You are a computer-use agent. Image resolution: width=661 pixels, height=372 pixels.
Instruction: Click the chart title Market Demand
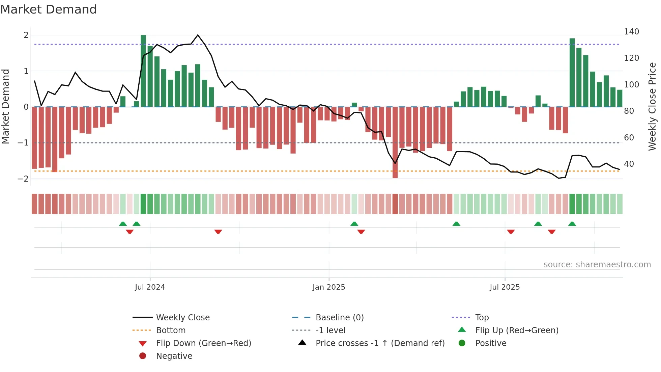tap(49, 9)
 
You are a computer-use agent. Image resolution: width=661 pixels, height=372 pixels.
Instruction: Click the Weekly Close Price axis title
tap(652, 106)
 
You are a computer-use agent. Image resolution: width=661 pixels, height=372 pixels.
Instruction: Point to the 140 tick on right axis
tap(631, 32)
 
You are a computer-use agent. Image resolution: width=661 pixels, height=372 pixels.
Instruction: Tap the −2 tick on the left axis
tap(23, 179)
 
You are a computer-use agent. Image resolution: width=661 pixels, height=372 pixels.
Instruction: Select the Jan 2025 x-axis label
tap(329, 287)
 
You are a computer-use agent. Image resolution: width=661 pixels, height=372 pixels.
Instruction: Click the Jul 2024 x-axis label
tap(150, 287)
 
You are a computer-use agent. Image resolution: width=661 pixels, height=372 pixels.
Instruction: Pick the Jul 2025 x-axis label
tap(505, 287)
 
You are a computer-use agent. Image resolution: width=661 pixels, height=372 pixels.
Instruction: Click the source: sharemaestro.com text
tap(597, 265)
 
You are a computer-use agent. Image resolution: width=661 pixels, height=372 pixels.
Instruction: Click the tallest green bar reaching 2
tap(143, 71)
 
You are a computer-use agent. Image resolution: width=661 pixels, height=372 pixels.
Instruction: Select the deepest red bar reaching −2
tap(395, 142)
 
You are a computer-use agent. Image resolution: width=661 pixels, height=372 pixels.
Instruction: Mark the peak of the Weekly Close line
tap(198, 35)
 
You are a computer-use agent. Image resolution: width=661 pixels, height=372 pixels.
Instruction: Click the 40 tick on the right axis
tap(629, 164)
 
